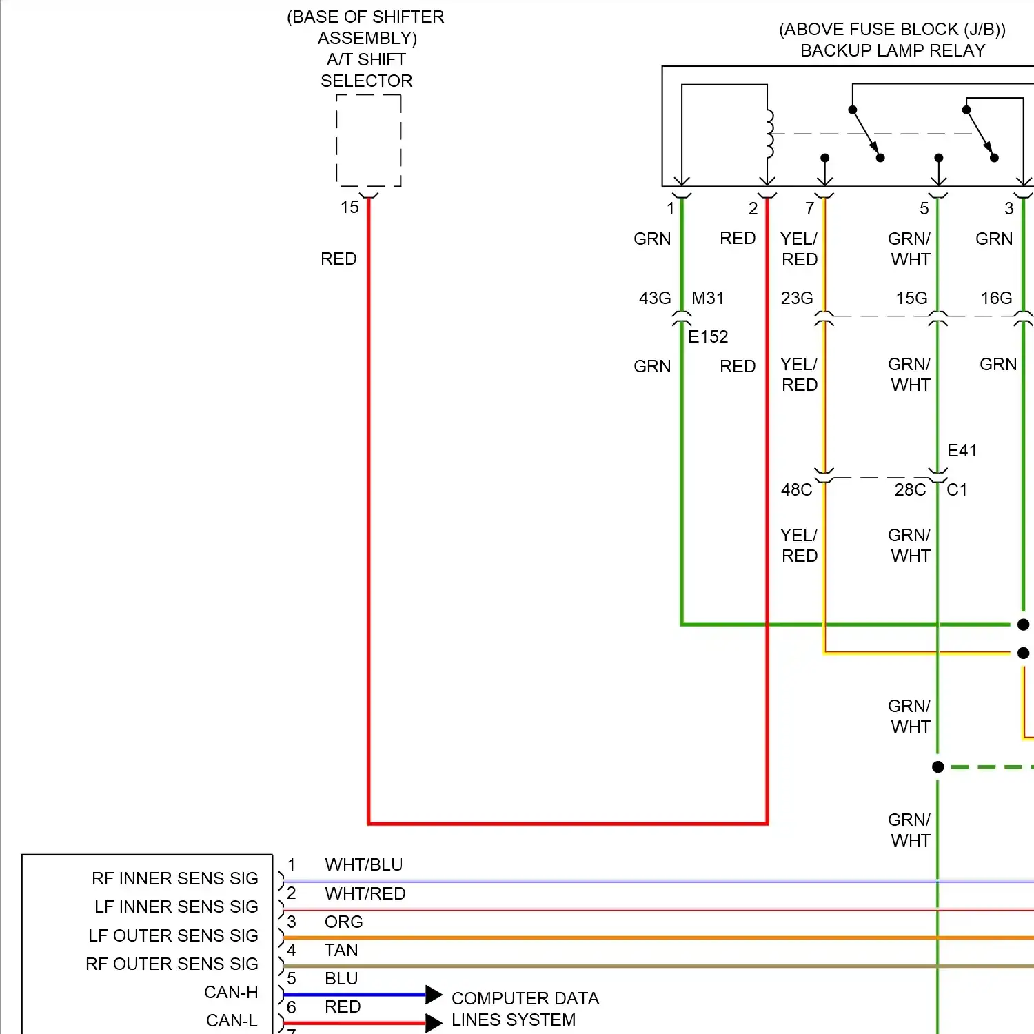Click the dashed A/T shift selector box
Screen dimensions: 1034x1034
[368, 141]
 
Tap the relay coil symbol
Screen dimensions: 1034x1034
[769, 134]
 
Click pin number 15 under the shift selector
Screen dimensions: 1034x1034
[349, 207]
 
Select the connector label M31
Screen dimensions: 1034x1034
[708, 298]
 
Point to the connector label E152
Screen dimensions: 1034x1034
[708, 336]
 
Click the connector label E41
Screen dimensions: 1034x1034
[962, 450]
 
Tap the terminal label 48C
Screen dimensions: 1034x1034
[796, 489]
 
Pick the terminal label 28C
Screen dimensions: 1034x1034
[910, 489]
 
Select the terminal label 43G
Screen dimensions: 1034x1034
[654, 298]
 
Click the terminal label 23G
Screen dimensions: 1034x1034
[797, 298]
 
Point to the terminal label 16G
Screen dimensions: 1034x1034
[996, 298]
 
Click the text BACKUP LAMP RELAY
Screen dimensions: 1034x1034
[893, 50]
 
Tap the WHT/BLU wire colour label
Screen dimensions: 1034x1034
[364, 864]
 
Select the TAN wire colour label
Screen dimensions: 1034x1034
[341, 950]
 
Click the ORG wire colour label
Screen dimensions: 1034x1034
[343, 922]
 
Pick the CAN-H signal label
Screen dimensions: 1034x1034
[231, 992]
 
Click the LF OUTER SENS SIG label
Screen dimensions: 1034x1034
[173, 935]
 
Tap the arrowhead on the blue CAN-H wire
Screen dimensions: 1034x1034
[434, 995]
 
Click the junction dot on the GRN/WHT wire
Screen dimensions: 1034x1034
[937, 767]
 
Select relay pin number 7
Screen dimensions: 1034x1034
[809, 207]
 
